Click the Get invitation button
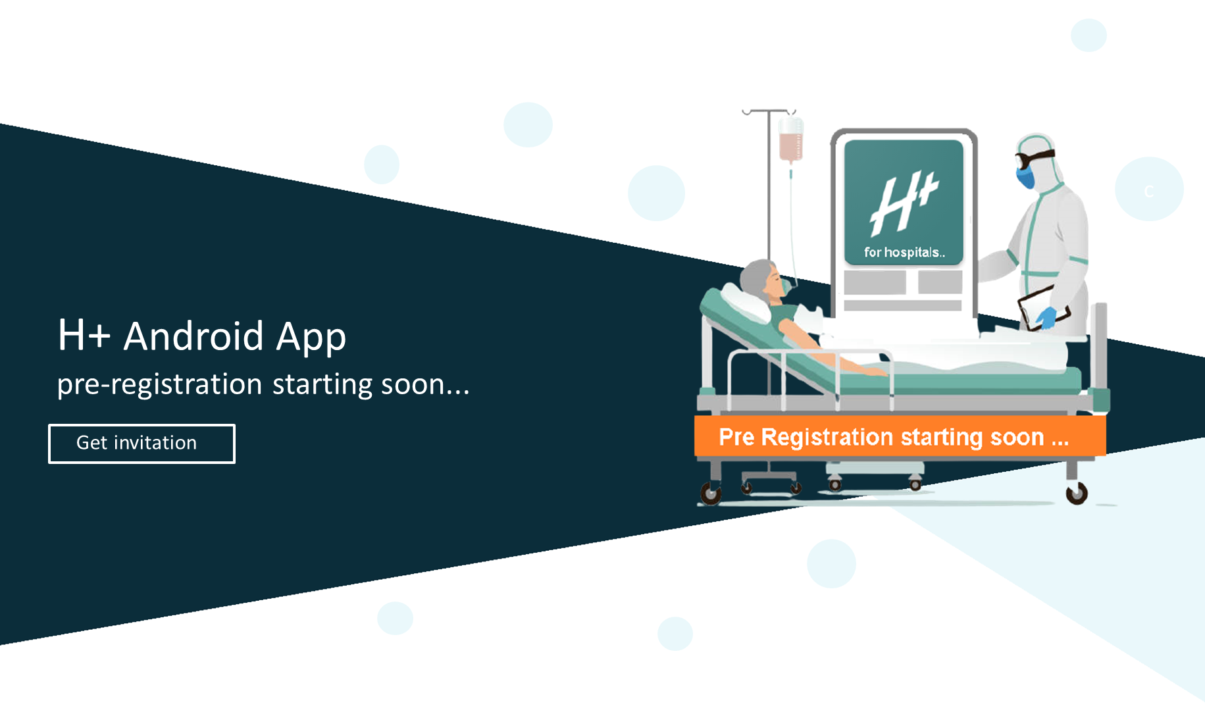pos(141,444)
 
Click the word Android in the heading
pos(194,336)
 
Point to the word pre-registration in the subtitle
pos(160,384)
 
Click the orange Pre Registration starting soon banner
pos(900,436)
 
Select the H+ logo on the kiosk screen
pos(903,203)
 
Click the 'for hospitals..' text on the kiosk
pos(904,253)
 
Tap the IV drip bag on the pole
pos(790,140)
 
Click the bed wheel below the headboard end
pos(711,493)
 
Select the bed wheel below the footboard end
pos(1077,493)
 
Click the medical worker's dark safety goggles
pos(1034,159)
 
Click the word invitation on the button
pos(155,443)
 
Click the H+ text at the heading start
pos(84,336)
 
